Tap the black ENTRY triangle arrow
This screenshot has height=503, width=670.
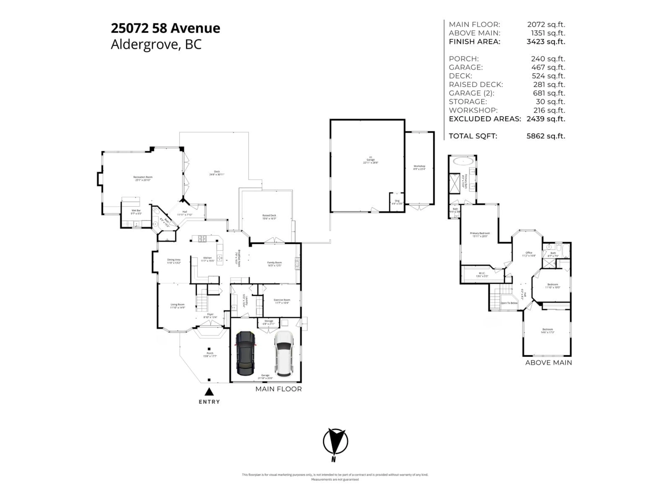(209, 392)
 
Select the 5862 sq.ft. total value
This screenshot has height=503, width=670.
(546, 136)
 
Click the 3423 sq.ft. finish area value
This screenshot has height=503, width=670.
(546, 42)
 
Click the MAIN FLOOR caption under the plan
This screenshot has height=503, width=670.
(278, 389)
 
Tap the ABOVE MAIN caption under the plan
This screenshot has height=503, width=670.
(548, 363)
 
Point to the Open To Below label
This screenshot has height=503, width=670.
(509, 303)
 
